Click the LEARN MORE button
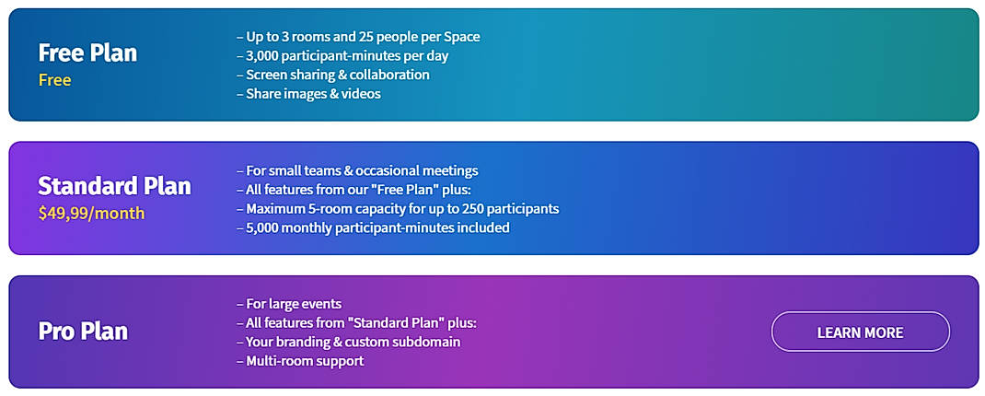tap(860, 332)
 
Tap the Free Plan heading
tap(87, 52)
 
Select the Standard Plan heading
tap(114, 186)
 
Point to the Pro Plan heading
tap(83, 332)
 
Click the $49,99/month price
tap(92, 214)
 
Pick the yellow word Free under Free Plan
tap(54, 80)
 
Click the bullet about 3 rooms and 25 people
tap(358, 37)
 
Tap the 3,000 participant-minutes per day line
tap(342, 56)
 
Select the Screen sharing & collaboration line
tap(333, 75)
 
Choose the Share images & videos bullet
tap(308, 94)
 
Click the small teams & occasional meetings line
tap(357, 170)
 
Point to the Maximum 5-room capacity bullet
tap(398, 209)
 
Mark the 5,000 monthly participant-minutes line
tap(373, 227)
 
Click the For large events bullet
tap(289, 304)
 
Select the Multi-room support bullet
tap(300, 361)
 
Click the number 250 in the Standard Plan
tap(481, 209)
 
